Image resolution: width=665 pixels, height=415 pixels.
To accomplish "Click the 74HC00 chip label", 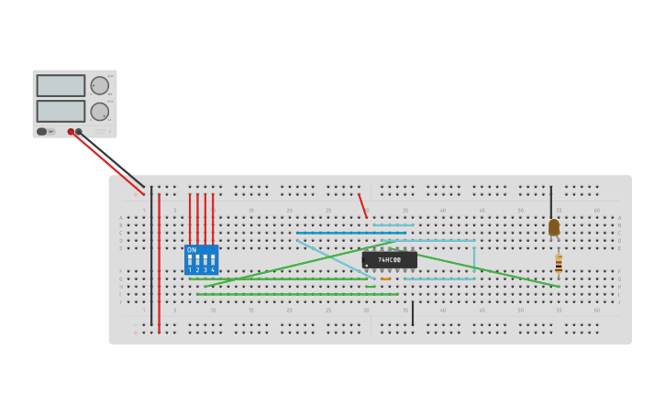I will click(x=390, y=260).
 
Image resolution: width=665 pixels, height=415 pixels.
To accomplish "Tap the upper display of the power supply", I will click(x=61, y=85).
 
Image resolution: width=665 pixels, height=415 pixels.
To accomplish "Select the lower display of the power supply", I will click(x=61, y=111).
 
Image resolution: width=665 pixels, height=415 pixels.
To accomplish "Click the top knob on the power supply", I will click(x=99, y=85).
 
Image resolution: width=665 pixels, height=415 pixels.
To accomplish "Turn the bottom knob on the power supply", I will click(x=99, y=112).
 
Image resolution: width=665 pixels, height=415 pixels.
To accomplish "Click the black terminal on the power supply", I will click(x=79, y=132).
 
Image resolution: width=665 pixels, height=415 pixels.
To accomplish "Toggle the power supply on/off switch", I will click(x=42, y=132).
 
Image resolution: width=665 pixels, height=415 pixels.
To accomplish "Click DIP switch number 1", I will click(x=190, y=260).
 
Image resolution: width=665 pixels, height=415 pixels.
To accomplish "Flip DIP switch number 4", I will click(x=212, y=260).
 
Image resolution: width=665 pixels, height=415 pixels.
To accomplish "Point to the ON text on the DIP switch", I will click(x=192, y=249).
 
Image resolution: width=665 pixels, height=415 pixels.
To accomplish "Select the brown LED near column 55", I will click(x=553, y=227).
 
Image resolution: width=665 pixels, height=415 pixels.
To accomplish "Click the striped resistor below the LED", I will click(x=559, y=264).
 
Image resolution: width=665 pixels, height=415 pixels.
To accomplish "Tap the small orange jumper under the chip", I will click(x=385, y=278).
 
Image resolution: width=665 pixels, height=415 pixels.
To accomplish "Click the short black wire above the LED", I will click(x=551, y=202).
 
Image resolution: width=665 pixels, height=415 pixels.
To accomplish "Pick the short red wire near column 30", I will click(x=362, y=205).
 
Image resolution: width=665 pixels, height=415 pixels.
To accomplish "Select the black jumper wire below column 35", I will click(x=413, y=313).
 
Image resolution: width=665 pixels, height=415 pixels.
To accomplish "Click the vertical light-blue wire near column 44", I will click(x=474, y=258).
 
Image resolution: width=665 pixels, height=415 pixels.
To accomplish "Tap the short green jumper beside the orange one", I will click(x=371, y=287).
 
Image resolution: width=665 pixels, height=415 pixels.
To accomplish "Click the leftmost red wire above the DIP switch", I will click(x=190, y=218).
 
